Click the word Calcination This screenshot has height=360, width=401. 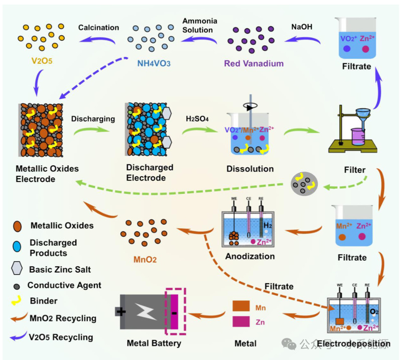98,27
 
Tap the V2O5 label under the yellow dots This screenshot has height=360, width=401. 38,63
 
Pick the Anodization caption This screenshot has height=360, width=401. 250,256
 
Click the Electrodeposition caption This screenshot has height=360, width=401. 357,344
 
